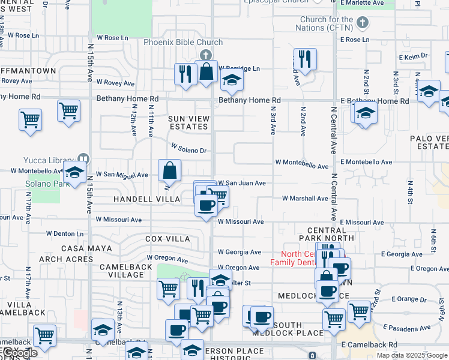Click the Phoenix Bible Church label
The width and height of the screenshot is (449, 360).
click(183, 42)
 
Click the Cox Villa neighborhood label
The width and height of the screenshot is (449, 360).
click(167, 239)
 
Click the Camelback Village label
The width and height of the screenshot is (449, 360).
click(117, 270)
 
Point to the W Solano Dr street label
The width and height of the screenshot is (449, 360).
click(188, 148)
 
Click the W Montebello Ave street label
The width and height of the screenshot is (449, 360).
click(302, 162)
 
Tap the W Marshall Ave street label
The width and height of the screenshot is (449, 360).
click(305, 198)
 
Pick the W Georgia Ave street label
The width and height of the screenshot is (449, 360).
click(239, 253)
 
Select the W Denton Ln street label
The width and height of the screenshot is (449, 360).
click(65, 234)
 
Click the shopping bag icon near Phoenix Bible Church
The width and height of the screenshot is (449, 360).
click(206, 72)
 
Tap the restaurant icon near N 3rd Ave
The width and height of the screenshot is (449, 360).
click(306, 59)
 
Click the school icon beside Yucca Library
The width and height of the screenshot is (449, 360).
click(74, 172)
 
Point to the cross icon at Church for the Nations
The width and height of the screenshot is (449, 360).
click(361, 23)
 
